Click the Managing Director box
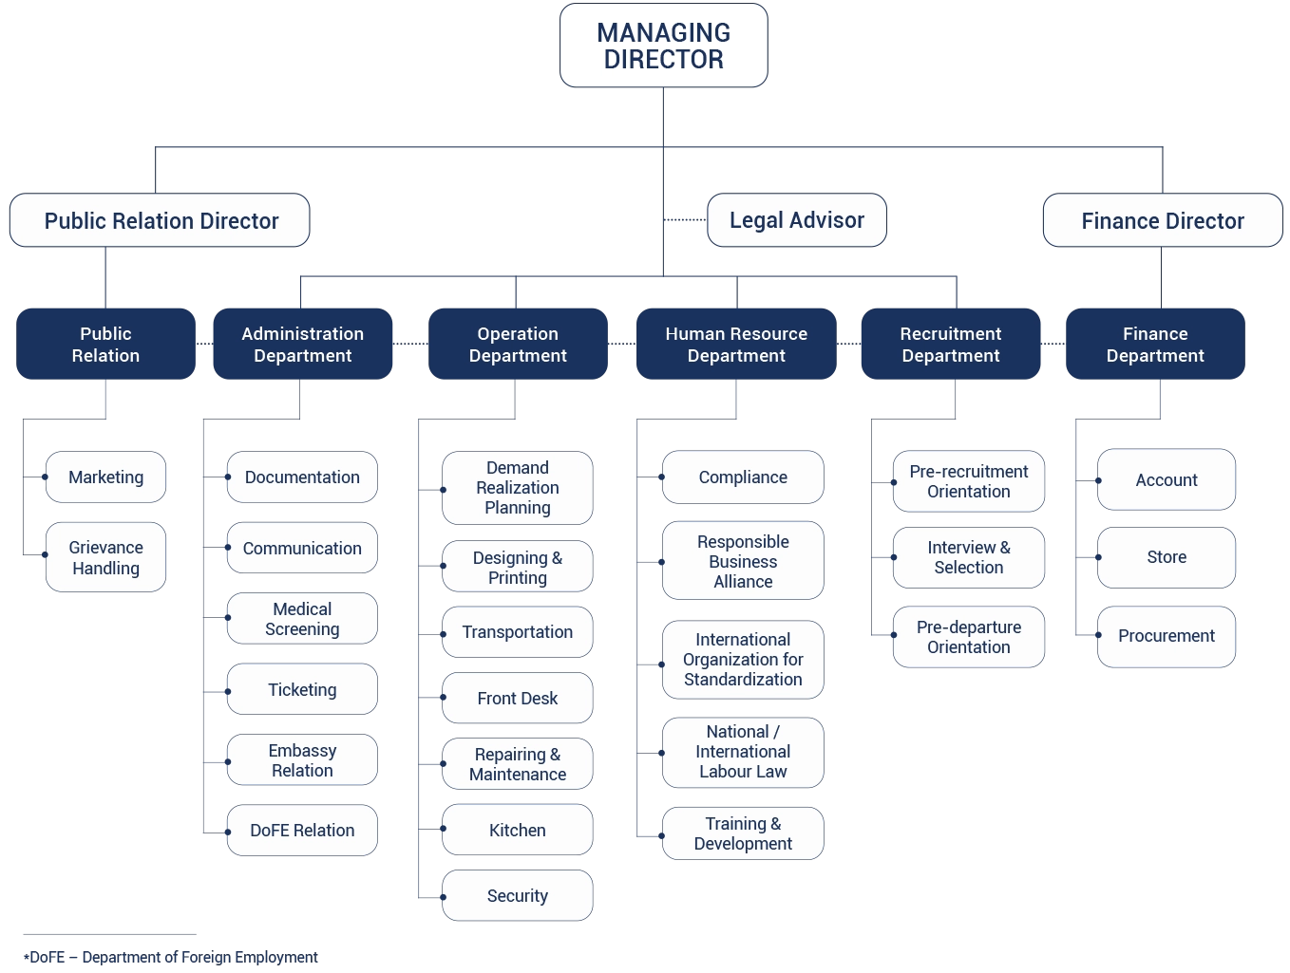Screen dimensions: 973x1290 coord(663,46)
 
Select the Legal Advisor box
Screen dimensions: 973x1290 coord(796,220)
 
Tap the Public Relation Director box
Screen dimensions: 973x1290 coord(160,220)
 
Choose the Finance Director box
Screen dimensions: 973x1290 coord(1162,220)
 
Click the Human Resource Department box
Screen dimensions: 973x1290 coord(736,344)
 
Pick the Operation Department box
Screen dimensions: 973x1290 coord(518,344)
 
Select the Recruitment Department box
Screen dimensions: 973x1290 coord(950,344)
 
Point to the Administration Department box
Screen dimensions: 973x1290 coord(302,344)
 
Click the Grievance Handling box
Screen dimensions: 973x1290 coord(106,557)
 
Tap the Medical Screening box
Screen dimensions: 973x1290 coord(302,619)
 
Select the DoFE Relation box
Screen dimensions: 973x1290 coord(302,831)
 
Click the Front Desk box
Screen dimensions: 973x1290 coord(518,699)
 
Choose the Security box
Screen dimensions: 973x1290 coord(518,896)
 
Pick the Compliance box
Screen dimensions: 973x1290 coord(743,477)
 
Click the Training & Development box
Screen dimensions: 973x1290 coord(743,833)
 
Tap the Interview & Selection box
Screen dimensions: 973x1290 coord(969,557)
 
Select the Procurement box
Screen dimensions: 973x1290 coord(1167,636)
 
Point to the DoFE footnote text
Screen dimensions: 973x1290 coord(171,957)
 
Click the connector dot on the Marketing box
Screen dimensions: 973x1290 coord(46,477)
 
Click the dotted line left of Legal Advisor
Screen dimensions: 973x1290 coord(685,219)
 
